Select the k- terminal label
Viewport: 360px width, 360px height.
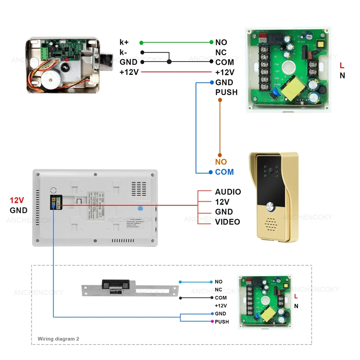click(123, 53)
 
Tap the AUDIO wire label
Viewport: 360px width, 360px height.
click(228, 192)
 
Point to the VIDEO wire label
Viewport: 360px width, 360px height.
click(228, 222)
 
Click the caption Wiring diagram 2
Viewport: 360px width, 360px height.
click(58, 339)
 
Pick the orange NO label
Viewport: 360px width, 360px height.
click(221, 162)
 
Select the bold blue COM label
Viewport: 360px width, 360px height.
click(224, 172)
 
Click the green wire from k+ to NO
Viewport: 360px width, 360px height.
click(176, 42)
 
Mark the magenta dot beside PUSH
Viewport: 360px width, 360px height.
click(212, 321)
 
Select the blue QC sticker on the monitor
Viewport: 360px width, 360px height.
click(140, 208)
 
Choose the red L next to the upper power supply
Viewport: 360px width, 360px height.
click(342, 66)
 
